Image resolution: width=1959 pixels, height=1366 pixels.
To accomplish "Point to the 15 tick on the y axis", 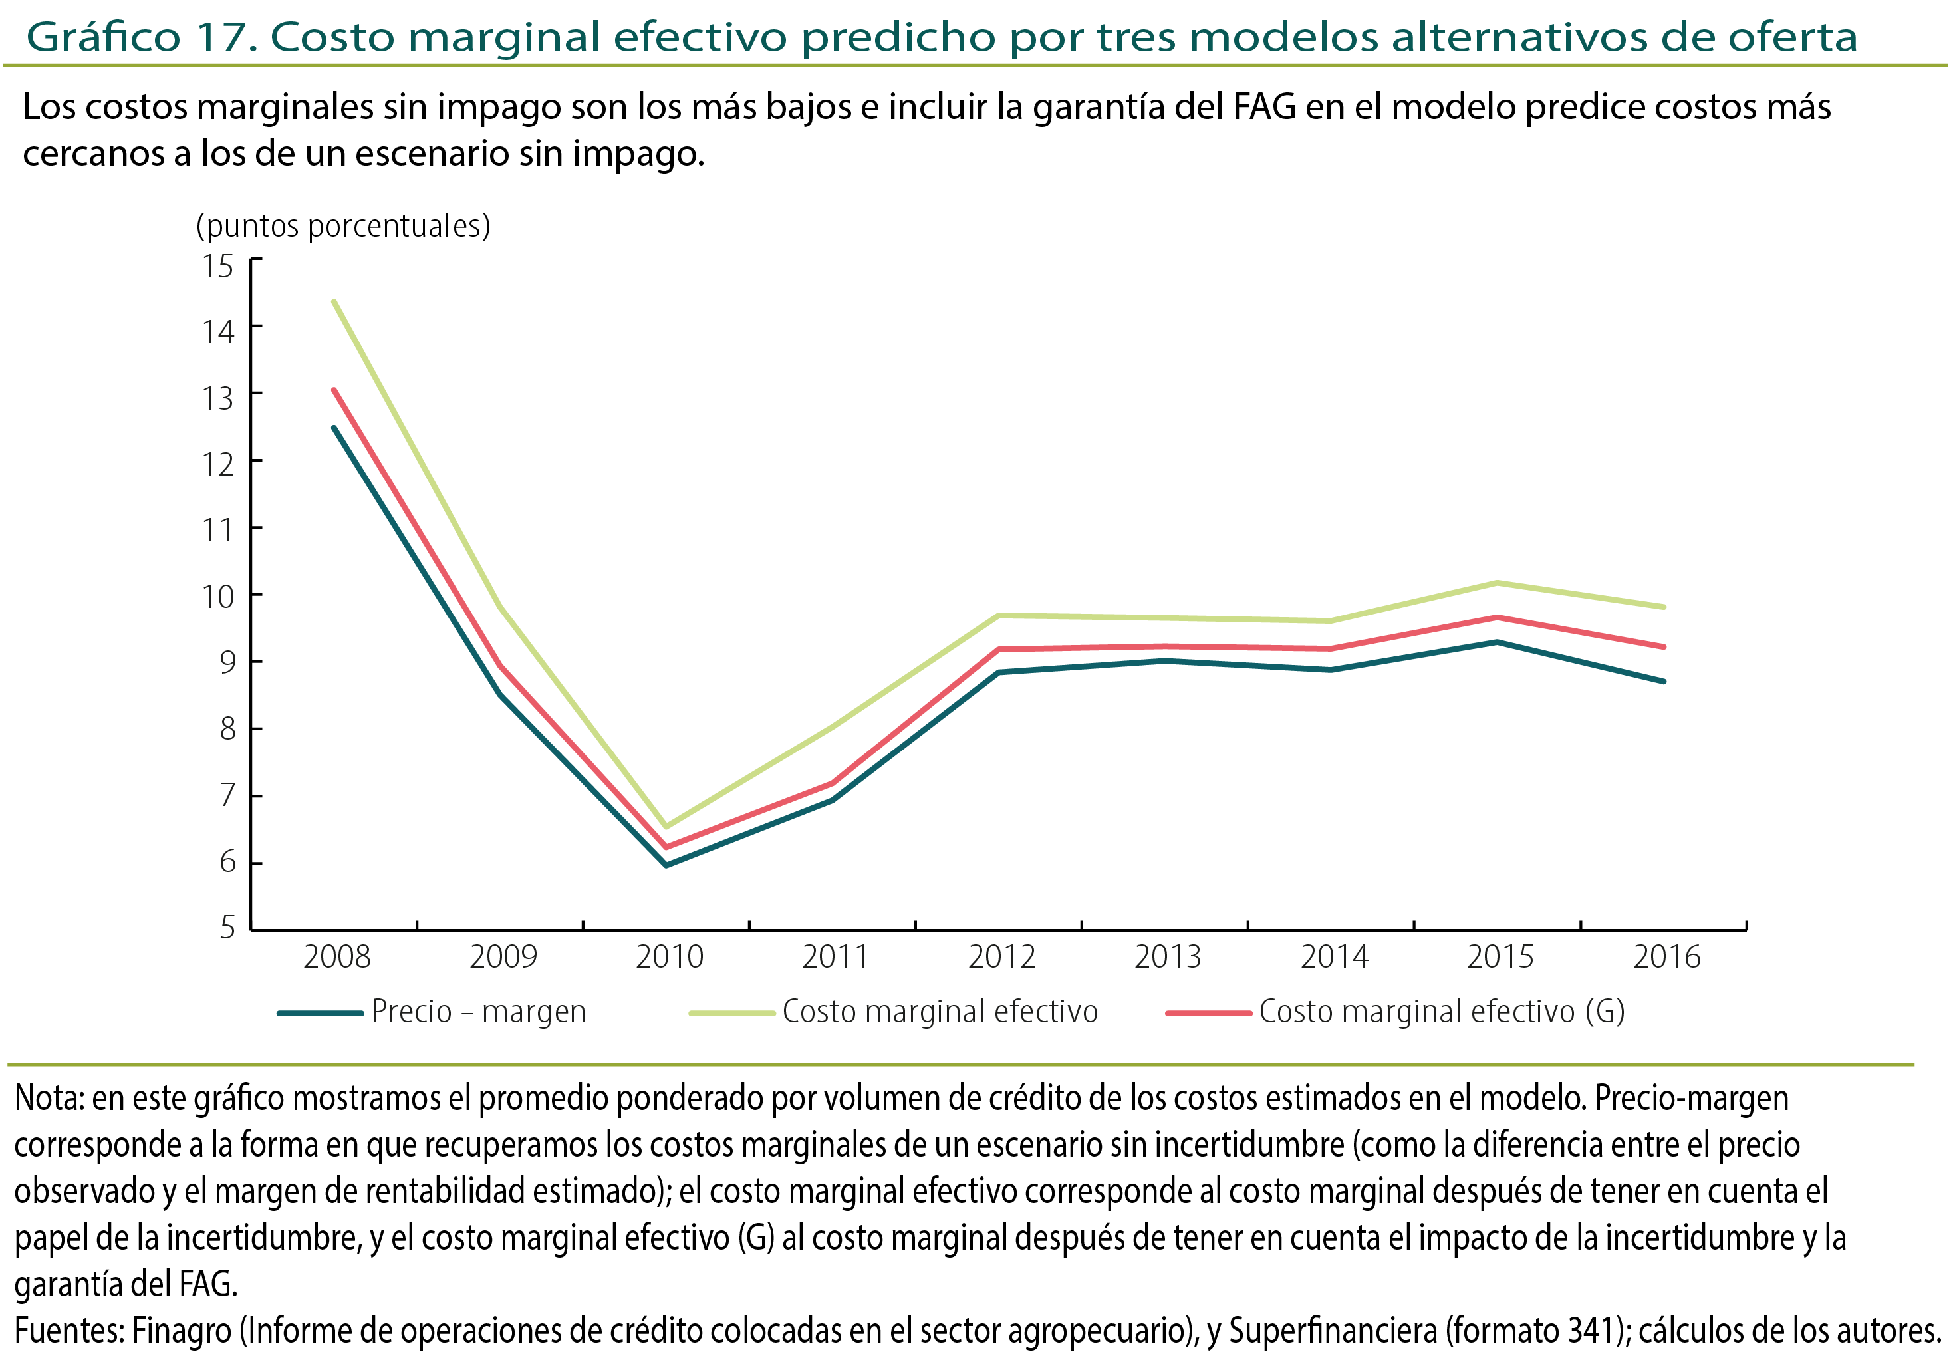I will (x=217, y=266).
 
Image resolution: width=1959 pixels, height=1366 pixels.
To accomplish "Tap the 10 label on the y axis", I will (x=217, y=597).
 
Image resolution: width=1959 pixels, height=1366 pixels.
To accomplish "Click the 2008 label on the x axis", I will (x=337, y=956).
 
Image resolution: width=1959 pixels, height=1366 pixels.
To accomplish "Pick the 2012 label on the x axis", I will (x=1001, y=956).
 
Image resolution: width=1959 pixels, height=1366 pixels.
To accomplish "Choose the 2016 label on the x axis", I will (x=1666, y=956).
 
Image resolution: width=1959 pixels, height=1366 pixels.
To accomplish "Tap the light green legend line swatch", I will (x=731, y=1013).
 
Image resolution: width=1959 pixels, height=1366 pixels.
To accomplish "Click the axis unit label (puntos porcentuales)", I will (x=343, y=226).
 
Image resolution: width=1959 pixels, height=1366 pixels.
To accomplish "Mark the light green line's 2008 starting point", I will (x=334, y=301).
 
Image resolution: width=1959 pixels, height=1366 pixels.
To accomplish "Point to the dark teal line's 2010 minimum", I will (x=666, y=865).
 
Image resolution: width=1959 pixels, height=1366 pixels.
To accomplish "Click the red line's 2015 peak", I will (x=1498, y=617).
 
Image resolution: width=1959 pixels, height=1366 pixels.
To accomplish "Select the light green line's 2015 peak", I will (x=1498, y=583).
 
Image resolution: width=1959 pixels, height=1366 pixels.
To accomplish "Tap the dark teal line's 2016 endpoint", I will (x=1664, y=681).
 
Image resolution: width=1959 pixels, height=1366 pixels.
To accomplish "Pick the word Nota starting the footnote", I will (x=48, y=1099).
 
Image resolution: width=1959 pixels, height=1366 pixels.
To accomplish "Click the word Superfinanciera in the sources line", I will (x=1332, y=1331).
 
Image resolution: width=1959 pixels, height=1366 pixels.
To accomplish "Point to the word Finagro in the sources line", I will (x=181, y=1331).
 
